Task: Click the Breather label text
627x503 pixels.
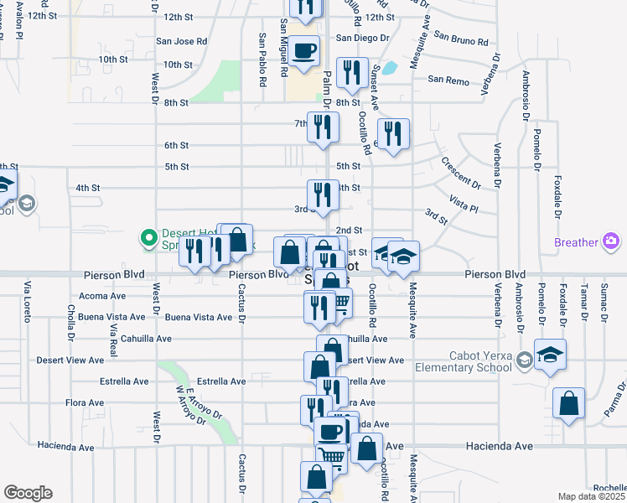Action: click(x=577, y=243)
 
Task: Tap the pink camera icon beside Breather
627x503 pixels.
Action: click(x=612, y=243)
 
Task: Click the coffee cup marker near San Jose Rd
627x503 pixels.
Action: click(x=304, y=49)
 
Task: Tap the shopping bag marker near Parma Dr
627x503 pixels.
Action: click(x=569, y=403)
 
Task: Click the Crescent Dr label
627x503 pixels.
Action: click(x=460, y=173)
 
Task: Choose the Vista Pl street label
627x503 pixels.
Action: click(x=463, y=205)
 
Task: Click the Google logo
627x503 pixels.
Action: click(x=28, y=493)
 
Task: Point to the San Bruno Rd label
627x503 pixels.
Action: click(x=461, y=40)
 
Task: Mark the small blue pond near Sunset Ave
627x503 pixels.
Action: click(x=388, y=69)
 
